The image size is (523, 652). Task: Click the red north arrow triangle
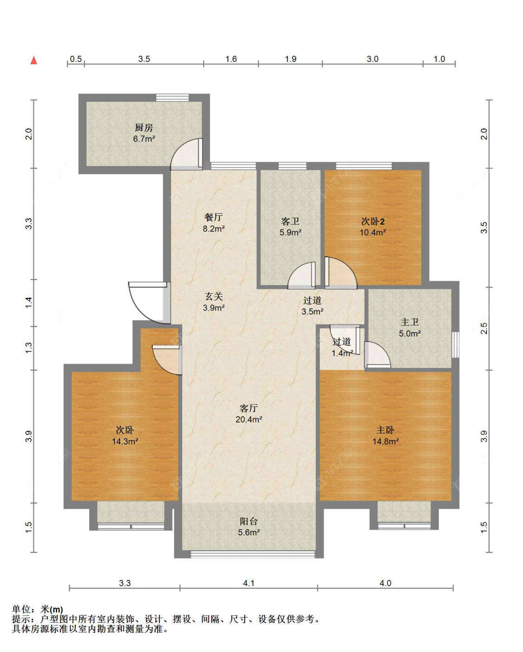click(x=34, y=60)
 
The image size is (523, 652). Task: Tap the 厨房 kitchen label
click(x=144, y=127)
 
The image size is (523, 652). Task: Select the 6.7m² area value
click(x=144, y=139)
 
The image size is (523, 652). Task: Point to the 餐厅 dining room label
click(x=213, y=217)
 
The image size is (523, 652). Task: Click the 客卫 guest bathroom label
click(x=291, y=221)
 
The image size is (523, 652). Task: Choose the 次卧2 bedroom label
click(x=373, y=221)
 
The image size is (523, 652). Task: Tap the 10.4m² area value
click(x=373, y=233)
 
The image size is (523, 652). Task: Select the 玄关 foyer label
click(x=214, y=296)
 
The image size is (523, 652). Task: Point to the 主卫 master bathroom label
click(x=410, y=322)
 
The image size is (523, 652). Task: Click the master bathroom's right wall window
click(x=455, y=345)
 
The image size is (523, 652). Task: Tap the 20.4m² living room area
click(x=249, y=419)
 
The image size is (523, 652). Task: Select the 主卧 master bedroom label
click(x=385, y=430)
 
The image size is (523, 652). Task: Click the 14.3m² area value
click(x=125, y=441)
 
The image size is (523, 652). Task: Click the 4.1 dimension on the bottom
click(x=249, y=583)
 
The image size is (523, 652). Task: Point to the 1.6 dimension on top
click(x=231, y=59)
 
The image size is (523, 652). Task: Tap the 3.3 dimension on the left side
click(x=28, y=224)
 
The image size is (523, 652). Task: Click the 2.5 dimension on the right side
click(x=484, y=328)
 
